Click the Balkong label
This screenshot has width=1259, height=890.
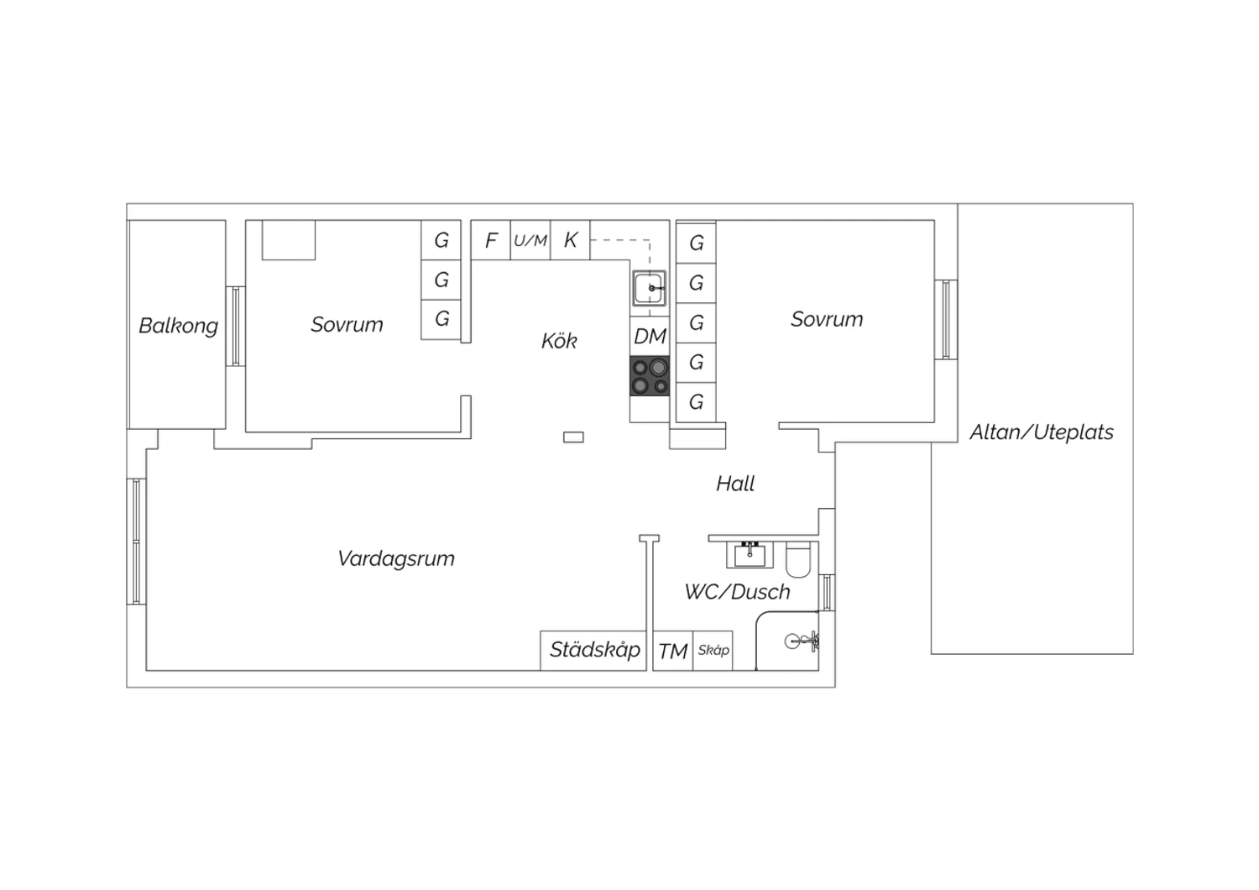click(x=178, y=326)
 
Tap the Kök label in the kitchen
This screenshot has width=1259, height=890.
click(x=559, y=341)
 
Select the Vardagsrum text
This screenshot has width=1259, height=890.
click(x=396, y=559)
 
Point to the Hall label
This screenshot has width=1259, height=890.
click(x=735, y=484)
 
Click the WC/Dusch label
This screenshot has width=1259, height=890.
click(x=738, y=592)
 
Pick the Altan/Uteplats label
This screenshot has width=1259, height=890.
click(x=1042, y=432)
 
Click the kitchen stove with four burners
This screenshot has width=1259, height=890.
click(x=650, y=376)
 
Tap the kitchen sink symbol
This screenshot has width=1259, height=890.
click(x=650, y=289)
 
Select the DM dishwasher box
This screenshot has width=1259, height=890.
click(x=650, y=336)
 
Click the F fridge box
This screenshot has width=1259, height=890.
click(x=491, y=240)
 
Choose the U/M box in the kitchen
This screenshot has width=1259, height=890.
click(x=530, y=240)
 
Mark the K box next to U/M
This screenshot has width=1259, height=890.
click(x=570, y=240)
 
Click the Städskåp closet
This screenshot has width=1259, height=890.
click(x=593, y=651)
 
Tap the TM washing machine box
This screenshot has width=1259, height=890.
click(x=673, y=651)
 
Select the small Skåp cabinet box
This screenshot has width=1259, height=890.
click(x=713, y=651)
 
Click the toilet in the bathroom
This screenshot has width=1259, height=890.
click(x=798, y=560)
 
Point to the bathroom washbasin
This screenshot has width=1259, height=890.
click(x=750, y=555)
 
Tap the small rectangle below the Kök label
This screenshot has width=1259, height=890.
click(x=573, y=437)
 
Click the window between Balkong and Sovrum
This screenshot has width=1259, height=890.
click(x=236, y=327)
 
